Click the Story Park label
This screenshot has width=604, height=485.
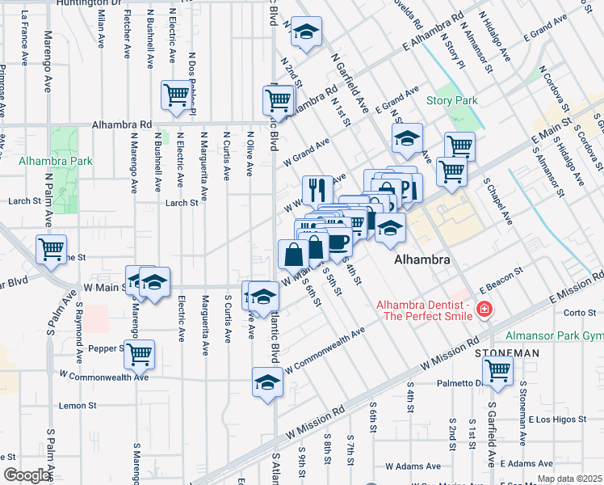[452, 101]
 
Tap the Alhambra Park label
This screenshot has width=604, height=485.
[57, 161]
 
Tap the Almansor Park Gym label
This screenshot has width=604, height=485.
[554, 335]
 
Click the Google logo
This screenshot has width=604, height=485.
[27, 475]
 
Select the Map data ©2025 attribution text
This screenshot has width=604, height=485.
[569, 479]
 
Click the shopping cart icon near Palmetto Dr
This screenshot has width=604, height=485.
[498, 369]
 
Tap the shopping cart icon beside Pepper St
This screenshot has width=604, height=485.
[140, 352]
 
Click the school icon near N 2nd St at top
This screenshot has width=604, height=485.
[305, 31]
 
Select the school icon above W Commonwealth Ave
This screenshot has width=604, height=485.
[267, 381]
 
